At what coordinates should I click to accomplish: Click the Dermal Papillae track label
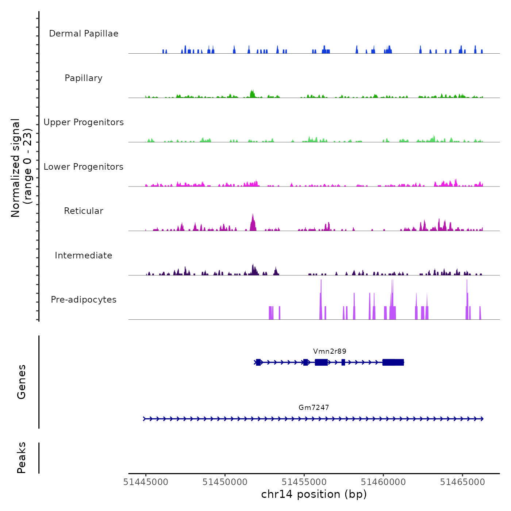(84, 34)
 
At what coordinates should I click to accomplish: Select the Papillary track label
(84, 78)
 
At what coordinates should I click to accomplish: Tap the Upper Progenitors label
(84, 122)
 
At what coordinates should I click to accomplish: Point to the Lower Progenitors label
(84, 167)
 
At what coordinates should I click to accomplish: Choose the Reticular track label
(84, 211)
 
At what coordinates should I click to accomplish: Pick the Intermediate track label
(84, 255)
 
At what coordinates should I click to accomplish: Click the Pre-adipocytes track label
(84, 300)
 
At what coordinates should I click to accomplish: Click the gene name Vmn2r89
(330, 351)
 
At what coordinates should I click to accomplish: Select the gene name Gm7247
(314, 408)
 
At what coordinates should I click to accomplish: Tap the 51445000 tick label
(146, 482)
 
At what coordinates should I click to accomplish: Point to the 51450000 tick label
(225, 482)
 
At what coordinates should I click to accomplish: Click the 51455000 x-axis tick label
(304, 482)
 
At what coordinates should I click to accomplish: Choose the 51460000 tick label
(383, 482)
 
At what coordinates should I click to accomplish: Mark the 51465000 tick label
(462, 482)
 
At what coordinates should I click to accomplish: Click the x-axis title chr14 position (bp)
(314, 495)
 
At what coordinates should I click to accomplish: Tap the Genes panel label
(22, 382)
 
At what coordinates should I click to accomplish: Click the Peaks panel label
(22, 458)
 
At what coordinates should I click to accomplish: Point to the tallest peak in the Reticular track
(253, 215)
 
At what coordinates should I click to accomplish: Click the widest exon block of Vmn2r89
(393, 362)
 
